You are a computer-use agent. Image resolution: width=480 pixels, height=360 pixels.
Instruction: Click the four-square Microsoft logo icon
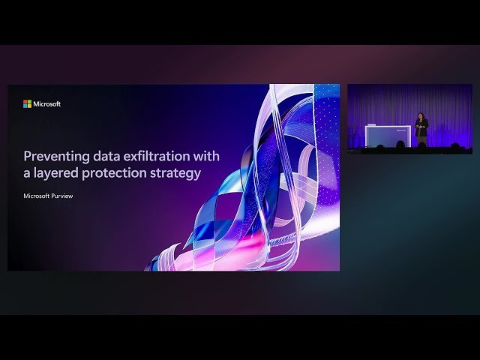(27, 104)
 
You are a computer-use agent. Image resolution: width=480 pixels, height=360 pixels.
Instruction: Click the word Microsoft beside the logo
(47, 104)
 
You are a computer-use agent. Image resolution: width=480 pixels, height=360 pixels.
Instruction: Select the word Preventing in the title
(51, 157)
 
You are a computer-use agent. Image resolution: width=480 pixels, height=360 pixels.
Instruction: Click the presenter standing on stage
(421, 129)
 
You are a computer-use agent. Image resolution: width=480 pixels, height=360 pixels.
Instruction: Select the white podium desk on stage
(387, 135)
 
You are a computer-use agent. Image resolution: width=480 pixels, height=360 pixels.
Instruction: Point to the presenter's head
(421, 117)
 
